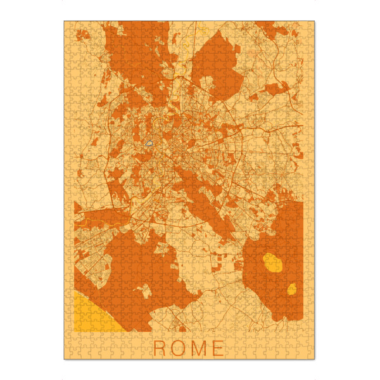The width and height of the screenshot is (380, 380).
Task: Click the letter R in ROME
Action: [159, 348]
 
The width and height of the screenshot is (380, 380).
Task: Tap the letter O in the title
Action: [178, 348]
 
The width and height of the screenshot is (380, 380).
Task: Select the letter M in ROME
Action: [198, 348]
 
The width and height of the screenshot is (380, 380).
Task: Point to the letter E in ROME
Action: [218, 348]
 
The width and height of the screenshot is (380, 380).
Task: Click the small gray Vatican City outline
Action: [149, 144]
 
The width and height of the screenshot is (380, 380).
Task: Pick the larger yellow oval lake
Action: [272, 262]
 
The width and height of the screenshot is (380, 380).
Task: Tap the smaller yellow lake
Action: [292, 289]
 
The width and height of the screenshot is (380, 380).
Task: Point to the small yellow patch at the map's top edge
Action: [203, 29]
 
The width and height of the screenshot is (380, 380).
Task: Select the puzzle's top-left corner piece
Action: [68, 25]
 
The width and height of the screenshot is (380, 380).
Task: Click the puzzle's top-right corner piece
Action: [311, 25]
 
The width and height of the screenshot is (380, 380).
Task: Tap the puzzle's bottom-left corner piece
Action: [68, 355]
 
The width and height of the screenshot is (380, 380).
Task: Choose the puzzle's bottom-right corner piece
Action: [311, 355]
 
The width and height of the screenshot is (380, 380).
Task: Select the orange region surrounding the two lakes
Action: [279, 228]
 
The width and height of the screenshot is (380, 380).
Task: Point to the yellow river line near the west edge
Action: [85, 222]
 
